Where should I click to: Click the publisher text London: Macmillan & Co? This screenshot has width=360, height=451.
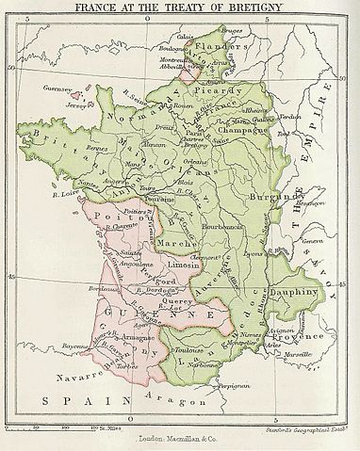click(x=179, y=440)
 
